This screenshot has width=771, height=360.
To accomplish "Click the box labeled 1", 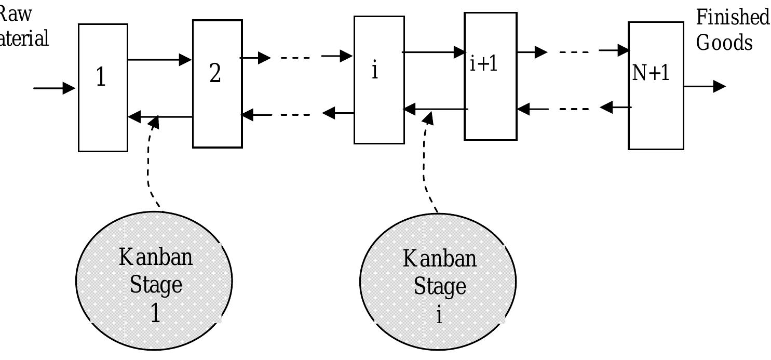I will [103, 87].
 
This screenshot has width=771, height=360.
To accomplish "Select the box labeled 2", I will [217, 84].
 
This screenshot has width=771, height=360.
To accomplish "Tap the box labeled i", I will [378, 79].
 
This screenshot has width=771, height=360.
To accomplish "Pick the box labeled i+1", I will [490, 76].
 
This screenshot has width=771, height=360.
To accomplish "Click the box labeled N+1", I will [655, 86].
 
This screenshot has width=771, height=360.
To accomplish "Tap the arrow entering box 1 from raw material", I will [55, 88].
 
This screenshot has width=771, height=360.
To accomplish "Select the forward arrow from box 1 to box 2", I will [159, 60].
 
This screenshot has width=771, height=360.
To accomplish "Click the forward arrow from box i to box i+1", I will [434, 52].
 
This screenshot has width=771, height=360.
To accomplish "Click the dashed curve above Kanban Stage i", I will [425, 166].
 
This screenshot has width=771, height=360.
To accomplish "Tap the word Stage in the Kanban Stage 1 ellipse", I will [156, 285].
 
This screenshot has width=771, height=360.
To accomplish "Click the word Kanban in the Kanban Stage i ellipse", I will [439, 258].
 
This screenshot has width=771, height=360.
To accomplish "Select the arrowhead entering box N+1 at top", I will [622, 50].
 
